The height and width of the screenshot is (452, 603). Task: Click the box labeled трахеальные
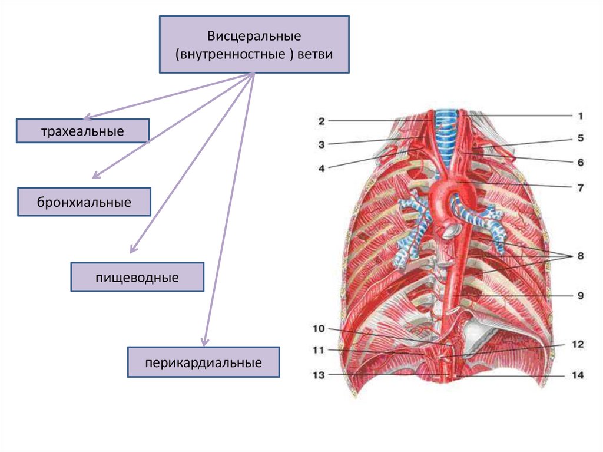tap(82, 131)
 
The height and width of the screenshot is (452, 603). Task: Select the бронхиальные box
tap(84, 202)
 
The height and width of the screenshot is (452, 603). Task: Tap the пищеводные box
tap(137, 276)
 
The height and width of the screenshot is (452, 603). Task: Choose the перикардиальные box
tap(204, 362)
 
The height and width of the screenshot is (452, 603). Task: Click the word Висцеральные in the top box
tap(254, 37)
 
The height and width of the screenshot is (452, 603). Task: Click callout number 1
tap(580, 116)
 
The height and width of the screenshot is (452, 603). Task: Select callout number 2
tap(322, 121)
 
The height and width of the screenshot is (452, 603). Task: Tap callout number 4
tap(322, 168)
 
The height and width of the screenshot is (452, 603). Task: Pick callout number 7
tap(580, 188)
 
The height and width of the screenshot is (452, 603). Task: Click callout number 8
tap(580, 256)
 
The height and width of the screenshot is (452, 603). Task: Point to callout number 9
tap(580, 296)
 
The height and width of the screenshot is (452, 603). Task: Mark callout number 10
tap(319, 328)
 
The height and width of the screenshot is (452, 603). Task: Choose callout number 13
tap(319, 375)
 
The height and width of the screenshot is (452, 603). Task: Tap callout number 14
tap(580, 375)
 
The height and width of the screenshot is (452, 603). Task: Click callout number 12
tap(580, 344)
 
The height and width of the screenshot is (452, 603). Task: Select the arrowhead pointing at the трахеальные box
tap(86, 118)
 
